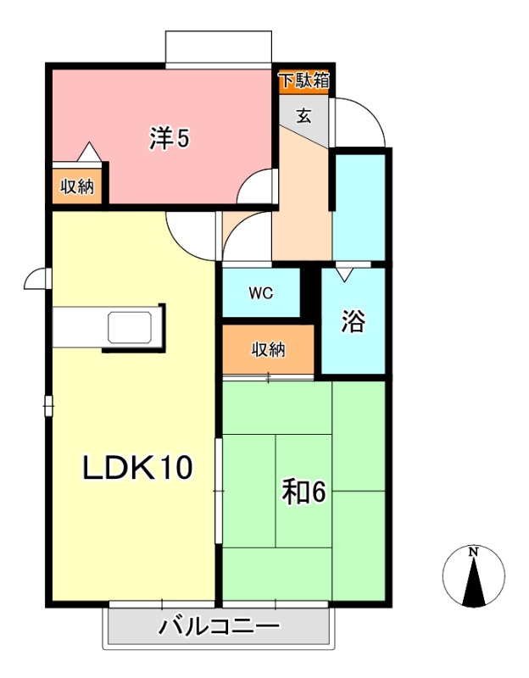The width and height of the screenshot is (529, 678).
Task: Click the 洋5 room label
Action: point(169,138)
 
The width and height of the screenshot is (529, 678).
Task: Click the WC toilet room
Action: point(260,293)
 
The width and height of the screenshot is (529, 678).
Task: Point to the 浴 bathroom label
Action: point(353,320)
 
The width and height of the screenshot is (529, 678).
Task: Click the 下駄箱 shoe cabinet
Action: point(305,81)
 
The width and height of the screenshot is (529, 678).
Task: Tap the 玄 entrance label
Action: point(303,115)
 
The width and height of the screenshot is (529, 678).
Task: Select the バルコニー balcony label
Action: point(219,628)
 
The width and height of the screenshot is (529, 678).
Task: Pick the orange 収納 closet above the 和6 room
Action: point(268,349)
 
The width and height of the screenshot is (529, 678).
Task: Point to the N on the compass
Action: point(474,553)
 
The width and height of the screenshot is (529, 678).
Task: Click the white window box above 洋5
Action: point(220,47)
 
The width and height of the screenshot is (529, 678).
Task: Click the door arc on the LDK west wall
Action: point(36,278)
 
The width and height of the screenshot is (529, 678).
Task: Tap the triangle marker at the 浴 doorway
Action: point(344,275)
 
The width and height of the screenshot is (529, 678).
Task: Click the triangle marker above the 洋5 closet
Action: point(90,152)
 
